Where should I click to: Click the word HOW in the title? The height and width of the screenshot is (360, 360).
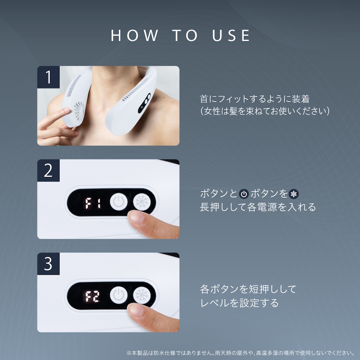pyautogui.click(x=134, y=36)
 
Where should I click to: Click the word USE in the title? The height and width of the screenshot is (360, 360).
pyautogui.click(x=231, y=36)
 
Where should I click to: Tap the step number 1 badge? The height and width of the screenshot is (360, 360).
pyautogui.click(x=48, y=77)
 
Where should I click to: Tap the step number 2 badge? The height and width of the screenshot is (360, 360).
pyautogui.click(x=48, y=170)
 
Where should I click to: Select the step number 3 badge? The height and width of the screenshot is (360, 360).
pyautogui.click(x=48, y=264)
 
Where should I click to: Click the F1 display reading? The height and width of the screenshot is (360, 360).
pyautogui.click(x=93, y=203)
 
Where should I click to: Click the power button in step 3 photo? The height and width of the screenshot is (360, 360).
pyautogui.click(x=119, y=295)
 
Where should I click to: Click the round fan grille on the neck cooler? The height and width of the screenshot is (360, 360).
pyautogui.click(x=79, y=111)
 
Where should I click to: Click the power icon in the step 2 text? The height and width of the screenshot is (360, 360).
pyautogui.click(x=244, y=194)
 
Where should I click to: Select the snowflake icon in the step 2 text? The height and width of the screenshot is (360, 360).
pyautogui.click(x=294, y=194)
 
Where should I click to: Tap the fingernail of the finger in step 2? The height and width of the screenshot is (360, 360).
pyautogui.click(x=136, y=217)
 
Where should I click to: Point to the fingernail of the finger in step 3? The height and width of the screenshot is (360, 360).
pyautogui.click(x=136, y=310)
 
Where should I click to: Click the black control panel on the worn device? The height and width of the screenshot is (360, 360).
pyautogui.click(x=144, y=103)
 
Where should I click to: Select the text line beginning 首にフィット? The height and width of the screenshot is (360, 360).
pyautogui.click(x=255, y=99)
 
